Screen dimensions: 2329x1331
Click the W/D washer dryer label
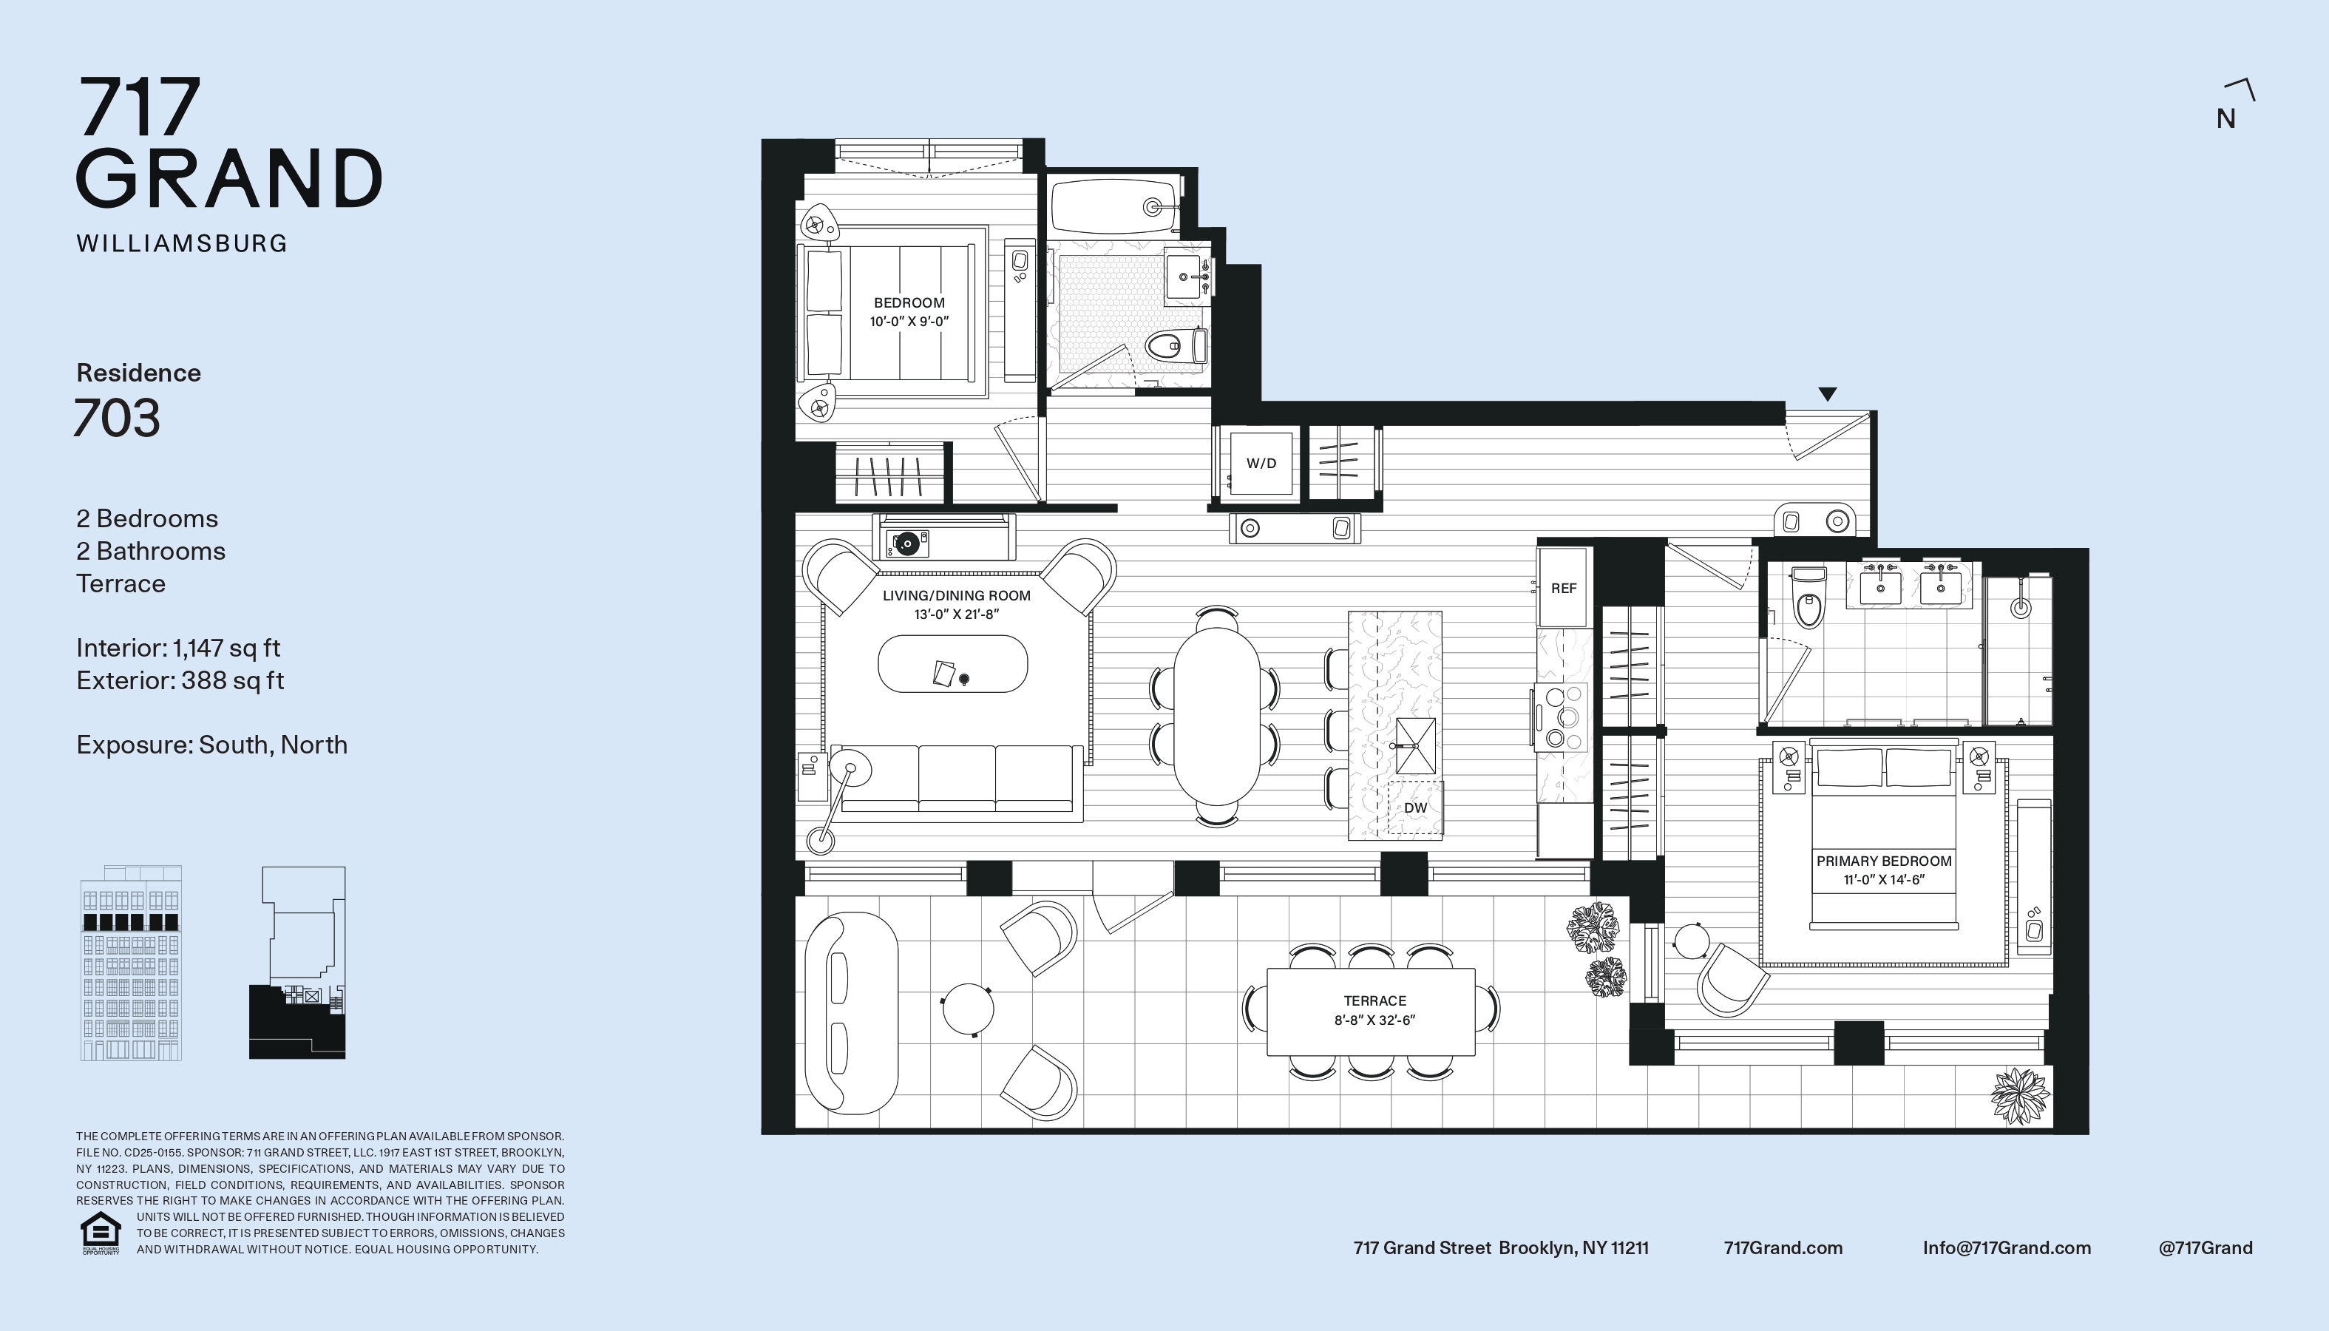(x=1261, y=464)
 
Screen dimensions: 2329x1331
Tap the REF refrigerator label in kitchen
(x=1563, y=589)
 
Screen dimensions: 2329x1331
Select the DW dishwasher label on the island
(x=1415, y=808)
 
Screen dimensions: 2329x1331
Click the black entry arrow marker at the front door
(x=1827, y=394)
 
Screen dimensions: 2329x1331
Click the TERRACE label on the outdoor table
(x=1374, y=1001)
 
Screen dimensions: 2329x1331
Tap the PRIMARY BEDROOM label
(x=1884, y=861)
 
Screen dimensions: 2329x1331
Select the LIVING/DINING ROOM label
(x=956, y=596)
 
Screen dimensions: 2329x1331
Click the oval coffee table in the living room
(x=952, y=664)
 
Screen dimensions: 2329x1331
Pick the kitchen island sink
(x=1415, y=746)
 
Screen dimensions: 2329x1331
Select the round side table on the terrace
(x=967, y=1009)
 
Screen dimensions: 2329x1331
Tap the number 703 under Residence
(x=117, y=418)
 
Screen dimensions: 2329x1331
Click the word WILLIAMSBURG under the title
(x=182, y=243)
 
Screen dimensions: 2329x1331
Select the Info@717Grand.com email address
(x=2007, y=1248)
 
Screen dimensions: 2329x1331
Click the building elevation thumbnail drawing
(x=132, y=963)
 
